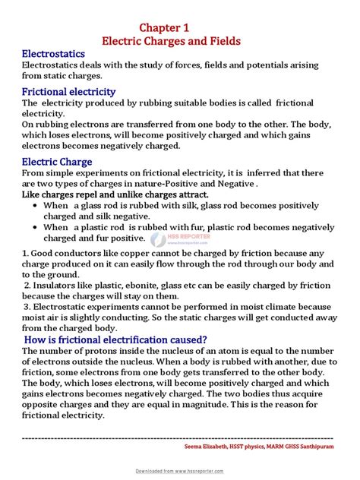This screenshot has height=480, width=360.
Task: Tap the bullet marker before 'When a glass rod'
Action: pyautogui.click(x=33, y=206)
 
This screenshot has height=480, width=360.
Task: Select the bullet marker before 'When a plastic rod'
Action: pyautogui.click(x=33, y=227)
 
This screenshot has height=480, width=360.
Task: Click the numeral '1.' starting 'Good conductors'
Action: pyautogui.click(x=26, y=253)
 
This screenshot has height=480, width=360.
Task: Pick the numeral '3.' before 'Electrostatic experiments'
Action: pyautogui.click(x=27, y=306)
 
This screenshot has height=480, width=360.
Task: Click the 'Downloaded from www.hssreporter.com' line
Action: pyautogui.click(x=180, y=472)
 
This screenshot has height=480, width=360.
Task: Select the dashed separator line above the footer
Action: pyautogui.click(x=180, y=438)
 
